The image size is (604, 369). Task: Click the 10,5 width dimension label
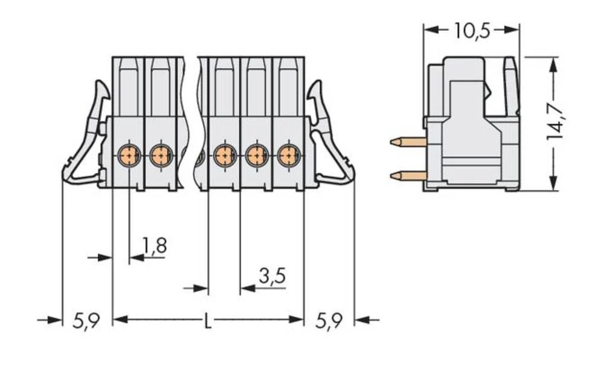coord(472,30)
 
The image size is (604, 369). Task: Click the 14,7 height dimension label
coord(556,121)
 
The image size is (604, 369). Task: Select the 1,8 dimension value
coord(154,245)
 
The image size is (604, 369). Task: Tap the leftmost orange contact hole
coord(129,156)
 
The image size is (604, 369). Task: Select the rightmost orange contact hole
coord(288,156)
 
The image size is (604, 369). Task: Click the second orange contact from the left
coord(161,156)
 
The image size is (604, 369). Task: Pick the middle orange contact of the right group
coord(257,156)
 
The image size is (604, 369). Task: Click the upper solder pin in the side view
coord(408,142)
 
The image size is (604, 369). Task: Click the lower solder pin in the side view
coord(408,176)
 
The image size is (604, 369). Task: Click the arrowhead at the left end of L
coord(118,320)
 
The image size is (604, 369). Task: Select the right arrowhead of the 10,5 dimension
coord(515,29)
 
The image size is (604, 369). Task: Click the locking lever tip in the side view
coord(511,63)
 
